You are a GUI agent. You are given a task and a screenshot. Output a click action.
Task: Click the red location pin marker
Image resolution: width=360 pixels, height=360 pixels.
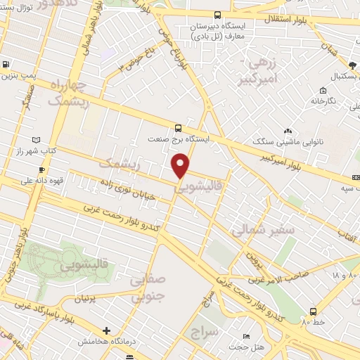click(181, 166)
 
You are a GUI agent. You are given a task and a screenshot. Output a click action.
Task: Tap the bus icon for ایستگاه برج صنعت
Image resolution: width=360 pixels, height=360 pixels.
click(179, 128)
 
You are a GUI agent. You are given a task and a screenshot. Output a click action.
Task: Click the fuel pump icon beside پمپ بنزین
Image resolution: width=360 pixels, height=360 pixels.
click(6, 65)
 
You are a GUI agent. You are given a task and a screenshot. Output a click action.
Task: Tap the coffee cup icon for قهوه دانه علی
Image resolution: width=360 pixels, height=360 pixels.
click(42, 169)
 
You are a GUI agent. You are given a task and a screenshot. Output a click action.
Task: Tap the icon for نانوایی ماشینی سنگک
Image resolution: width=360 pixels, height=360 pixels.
click(288, 131)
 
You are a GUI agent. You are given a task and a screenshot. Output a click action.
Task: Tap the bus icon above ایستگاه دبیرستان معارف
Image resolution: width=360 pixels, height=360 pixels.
click(217, 15)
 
